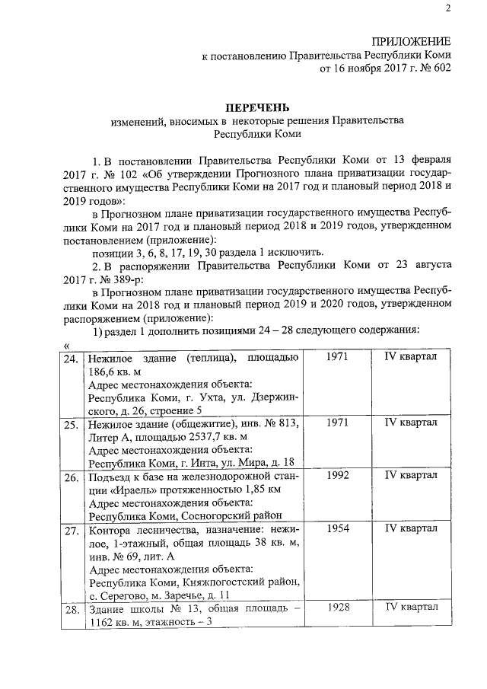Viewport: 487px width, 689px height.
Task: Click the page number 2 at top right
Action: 448,8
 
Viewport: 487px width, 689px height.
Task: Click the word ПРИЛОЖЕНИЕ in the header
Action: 411,40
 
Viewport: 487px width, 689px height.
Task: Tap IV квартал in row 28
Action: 411,608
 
